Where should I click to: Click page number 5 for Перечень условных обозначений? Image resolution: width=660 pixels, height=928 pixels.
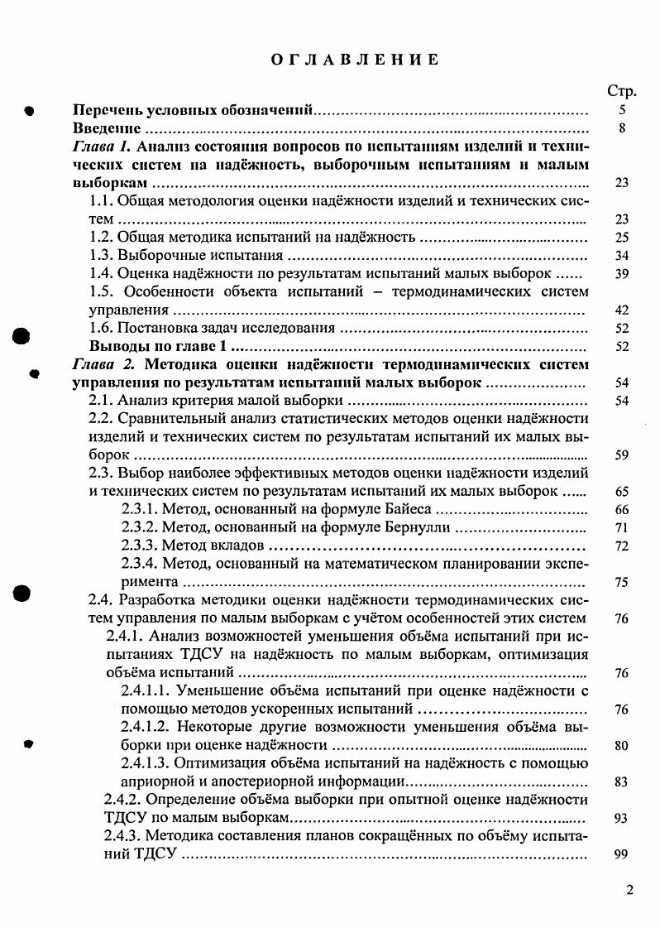[623, 110]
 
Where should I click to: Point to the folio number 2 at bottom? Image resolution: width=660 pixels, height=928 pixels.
[630, 891]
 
